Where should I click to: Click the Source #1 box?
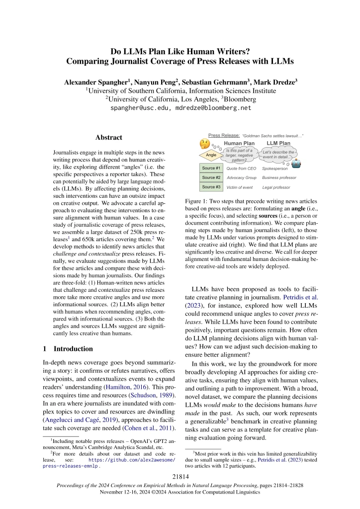[x=211, y=169]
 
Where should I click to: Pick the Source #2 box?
[x=211, y=177]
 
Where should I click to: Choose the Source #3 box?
[x=211, y=187]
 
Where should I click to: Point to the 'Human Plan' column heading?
[x=240, y=144]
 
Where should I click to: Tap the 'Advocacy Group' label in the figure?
[x=241, y=178]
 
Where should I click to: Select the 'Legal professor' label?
[x=276, y=187]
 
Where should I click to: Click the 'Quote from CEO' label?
[x=241, y=169]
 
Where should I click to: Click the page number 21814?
[x=180, y=479]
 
